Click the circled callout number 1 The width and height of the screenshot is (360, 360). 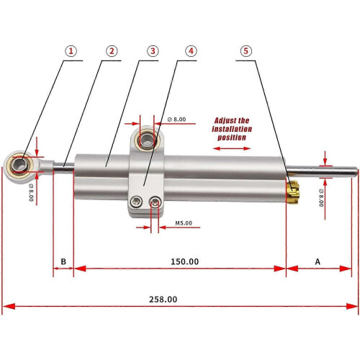(x=71, y=51)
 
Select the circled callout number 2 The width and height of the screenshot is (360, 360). (x=112, y=51)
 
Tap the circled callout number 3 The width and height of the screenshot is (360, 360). (x=153, y=51)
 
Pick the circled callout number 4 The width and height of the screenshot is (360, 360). (x=191, y=51)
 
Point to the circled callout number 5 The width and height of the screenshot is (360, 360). (x=246, y=51)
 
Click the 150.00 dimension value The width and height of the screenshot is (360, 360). (x=184, y=261)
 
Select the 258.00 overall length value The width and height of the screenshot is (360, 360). (x=163, y=300)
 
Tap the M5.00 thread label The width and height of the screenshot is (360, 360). (x=184, y=223)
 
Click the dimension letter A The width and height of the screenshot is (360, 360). (x=318, y=261)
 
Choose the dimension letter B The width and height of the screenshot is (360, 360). (x=63, y=261)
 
